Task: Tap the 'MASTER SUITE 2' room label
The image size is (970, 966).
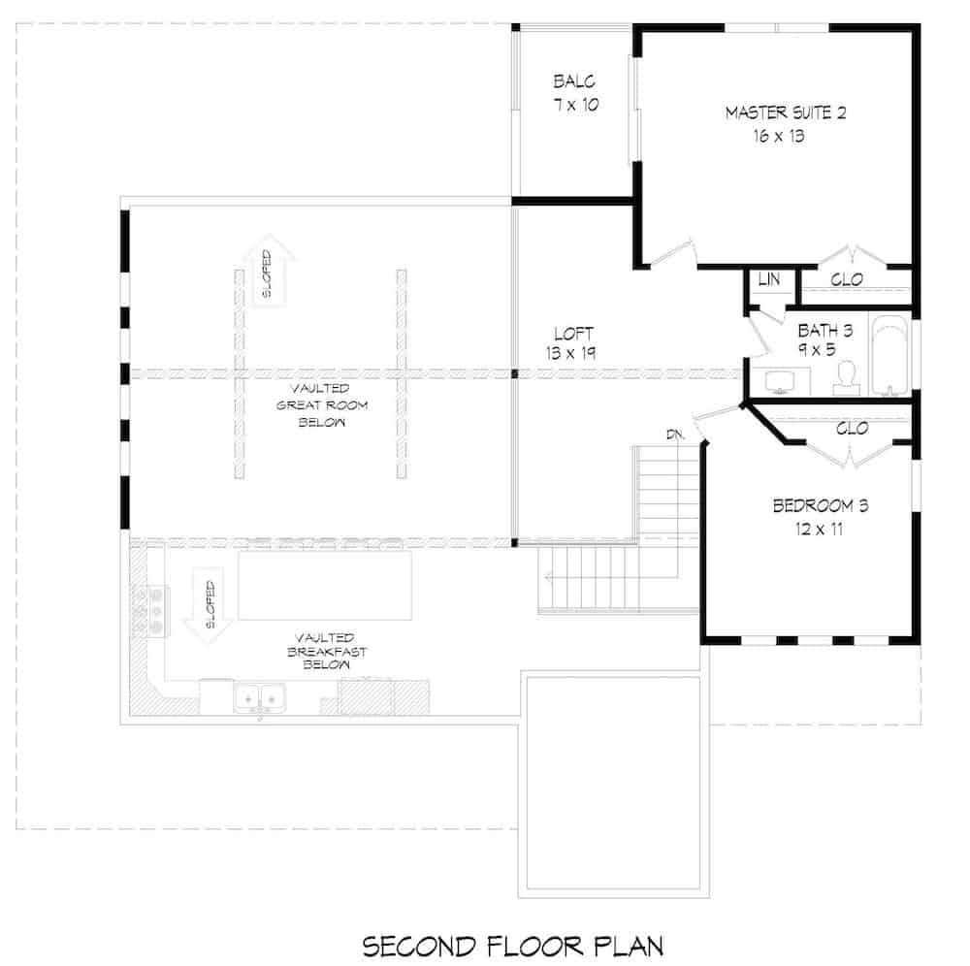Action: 786,113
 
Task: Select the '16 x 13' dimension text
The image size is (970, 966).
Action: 779,137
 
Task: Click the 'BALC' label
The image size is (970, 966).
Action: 573,81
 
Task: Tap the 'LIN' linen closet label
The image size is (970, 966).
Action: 769,279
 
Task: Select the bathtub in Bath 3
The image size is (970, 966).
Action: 889,356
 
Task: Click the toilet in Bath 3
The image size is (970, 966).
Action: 846,377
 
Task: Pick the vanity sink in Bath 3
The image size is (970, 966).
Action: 780,383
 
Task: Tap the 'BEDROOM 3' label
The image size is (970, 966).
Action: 820,505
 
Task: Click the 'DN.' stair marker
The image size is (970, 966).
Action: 676,434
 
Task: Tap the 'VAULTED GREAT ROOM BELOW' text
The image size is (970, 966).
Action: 308,404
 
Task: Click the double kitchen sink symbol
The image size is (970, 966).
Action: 259,695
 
